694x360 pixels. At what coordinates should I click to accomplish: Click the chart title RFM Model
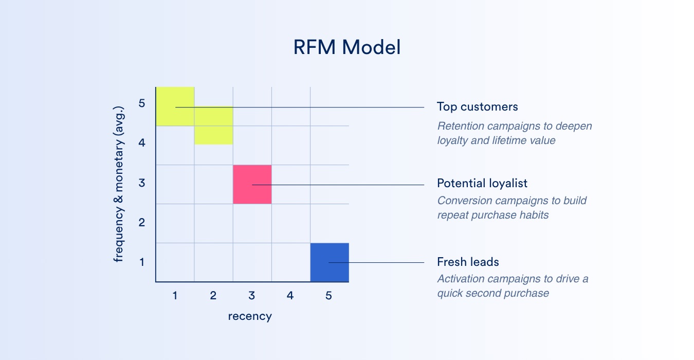coord(346,47)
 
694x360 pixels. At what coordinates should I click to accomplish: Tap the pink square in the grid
coord(252,184)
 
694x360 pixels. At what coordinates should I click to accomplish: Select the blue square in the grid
coord(330,262)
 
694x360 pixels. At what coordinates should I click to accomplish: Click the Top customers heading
coord(477,106)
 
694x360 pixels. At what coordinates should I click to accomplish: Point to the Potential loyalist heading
coord(482,183)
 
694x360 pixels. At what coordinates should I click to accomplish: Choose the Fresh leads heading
coord(468,262)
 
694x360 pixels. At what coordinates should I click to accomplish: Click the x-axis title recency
coord(250,316)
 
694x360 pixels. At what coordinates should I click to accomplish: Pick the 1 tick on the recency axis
coord(175,296)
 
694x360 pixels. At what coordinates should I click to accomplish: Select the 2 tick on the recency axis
coord(213,296)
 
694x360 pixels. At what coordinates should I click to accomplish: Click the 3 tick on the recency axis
coord(251,296)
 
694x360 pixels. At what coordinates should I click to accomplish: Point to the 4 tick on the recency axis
coord(290,296)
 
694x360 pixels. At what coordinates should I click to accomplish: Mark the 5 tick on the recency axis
coord(328,296)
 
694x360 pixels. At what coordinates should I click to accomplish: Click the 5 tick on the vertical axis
coord(142,103)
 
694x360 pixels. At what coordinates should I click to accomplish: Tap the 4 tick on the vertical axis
coord(142,142)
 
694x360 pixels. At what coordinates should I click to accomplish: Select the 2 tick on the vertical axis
coord(142,223)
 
